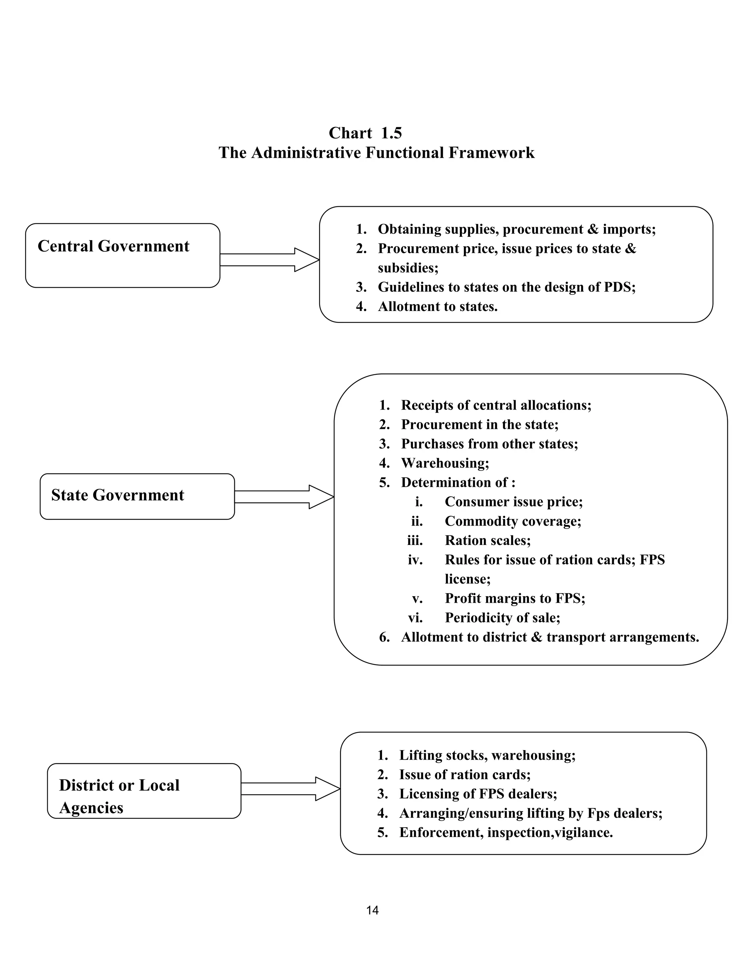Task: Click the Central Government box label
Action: point(113,246)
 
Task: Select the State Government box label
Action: point(117,495)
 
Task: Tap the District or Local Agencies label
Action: point(119,796)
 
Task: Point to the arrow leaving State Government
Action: point(284,497)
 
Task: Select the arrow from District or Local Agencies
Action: point(290,789)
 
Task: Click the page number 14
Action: point(372,910)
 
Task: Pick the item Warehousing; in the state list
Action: point(445,463)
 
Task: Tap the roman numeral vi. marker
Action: point(415,618)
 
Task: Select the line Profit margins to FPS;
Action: point(515,598)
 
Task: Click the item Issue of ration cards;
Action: point(465,774)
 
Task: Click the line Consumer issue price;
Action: point(513,502)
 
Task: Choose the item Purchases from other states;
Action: point(489,443)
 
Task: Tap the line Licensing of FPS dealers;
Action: point(478,794)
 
